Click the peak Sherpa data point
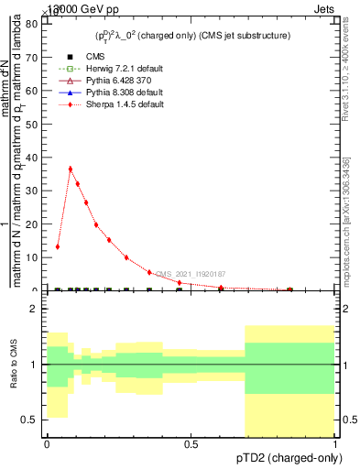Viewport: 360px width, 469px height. [x=71, y=169]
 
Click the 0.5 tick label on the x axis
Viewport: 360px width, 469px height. [x=191, y=443]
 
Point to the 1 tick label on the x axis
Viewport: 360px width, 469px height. [x=335, y=443]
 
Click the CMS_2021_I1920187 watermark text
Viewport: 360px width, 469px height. [x=190, y=274]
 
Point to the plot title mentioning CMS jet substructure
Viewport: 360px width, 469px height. [x=192, y=36]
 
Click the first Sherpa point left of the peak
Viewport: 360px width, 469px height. [x=58, y=246]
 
